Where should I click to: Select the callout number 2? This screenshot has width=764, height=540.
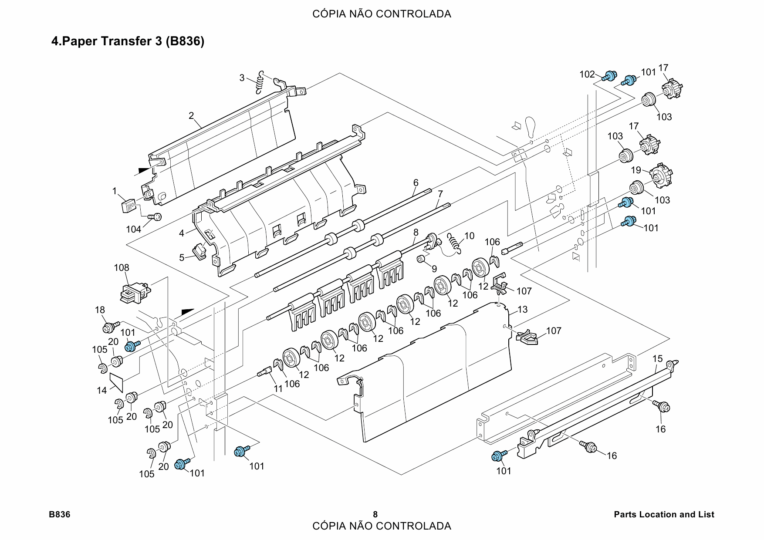click(191, 116)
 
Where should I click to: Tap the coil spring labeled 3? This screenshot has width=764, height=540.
click(260, 82)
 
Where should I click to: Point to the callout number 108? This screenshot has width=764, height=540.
click(122, 268)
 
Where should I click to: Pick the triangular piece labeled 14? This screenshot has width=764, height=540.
click(117, 381)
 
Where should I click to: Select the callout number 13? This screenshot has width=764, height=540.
click(523, 309)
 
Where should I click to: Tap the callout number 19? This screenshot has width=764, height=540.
click(636, 170)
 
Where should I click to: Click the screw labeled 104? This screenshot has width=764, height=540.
click(155, 216)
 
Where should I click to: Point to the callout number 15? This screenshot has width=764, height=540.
click(657, 359)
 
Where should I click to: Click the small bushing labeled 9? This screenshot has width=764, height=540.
click(421, 260)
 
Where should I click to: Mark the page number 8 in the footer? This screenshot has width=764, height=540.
click(375, 514)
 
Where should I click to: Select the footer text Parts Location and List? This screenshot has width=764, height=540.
click(664, 514)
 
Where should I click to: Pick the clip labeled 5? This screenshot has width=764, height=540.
click(199, 251)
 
